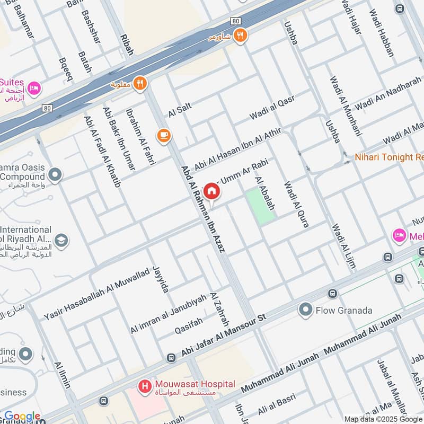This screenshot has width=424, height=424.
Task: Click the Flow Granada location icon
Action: point(305,310)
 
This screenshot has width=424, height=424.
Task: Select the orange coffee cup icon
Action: point(163,137)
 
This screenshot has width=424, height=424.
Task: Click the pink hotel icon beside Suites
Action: point(34,88)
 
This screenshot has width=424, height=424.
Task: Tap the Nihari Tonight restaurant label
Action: point(390,157)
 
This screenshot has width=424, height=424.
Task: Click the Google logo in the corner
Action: point(22,417)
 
